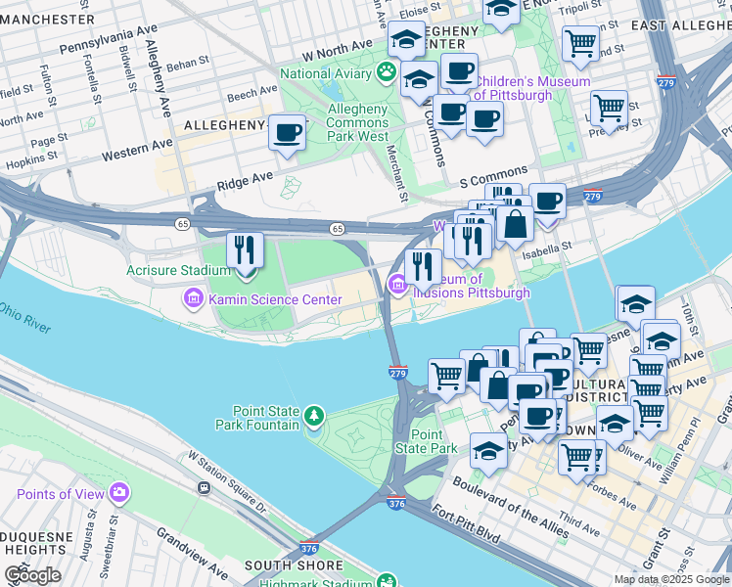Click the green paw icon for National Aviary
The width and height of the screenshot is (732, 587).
(x=388, y=73)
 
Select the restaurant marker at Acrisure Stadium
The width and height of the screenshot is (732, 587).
(x=245, y=250)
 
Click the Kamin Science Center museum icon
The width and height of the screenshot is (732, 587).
(x=193, y=298)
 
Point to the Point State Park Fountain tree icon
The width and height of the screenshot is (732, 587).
(x=313, y=418)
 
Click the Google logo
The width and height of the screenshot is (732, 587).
(x=32, y=575)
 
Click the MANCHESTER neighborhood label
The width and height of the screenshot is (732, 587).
(x=46, y=19)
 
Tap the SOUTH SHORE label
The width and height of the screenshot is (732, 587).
(x=294, y=565)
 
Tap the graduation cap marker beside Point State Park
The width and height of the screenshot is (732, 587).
(x=488, y=450)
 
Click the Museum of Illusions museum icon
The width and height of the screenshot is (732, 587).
(x=397, y=285)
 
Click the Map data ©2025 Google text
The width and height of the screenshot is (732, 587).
(x=671, y=579)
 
